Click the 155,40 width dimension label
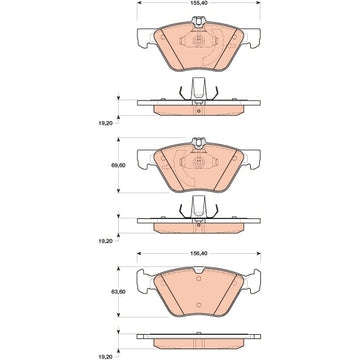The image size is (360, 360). (199, 2)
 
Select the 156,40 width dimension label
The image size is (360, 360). (199, 253)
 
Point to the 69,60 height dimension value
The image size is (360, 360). (118, 165)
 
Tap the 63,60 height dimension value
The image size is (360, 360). (118, 292)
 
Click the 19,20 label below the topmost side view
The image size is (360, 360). (105, 123)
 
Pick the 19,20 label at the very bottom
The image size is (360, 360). (105, 356)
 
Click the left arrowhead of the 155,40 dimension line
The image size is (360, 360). (139, 2)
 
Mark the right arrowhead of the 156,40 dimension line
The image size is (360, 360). (258, 253)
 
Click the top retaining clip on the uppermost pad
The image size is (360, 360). (199, 21)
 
